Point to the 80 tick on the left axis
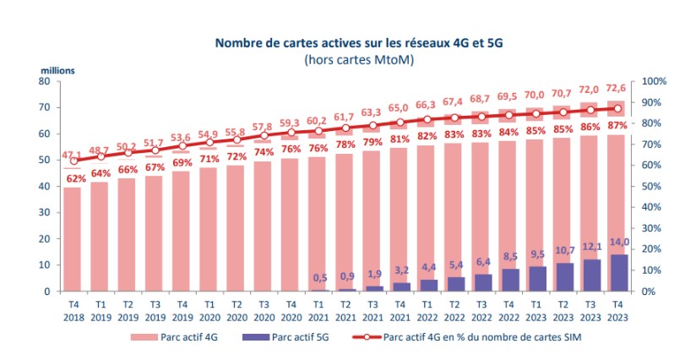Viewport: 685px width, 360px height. coord(45,81)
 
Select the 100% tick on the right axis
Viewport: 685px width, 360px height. coord(655,81)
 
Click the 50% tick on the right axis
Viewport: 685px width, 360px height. coord(652,186)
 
